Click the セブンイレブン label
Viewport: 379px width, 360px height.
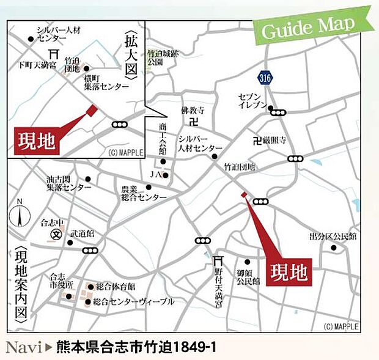click(254, 101)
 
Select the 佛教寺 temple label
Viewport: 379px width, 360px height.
click(191, 112)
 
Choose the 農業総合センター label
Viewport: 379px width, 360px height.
click(143, 193)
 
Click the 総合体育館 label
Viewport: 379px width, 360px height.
click(116, 286)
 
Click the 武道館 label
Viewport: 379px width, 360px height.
click(82, 233)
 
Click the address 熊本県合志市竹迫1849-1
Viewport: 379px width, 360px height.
click(136, 348)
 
